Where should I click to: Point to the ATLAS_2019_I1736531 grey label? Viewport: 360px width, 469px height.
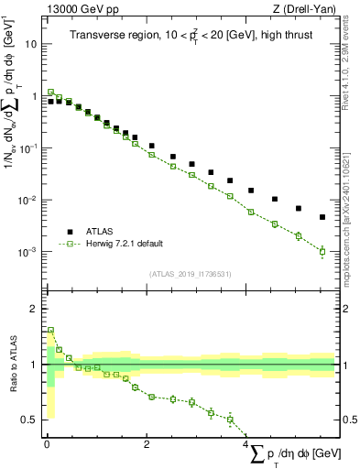click(190, 274)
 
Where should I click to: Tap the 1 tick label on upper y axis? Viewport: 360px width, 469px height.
click(35, 95)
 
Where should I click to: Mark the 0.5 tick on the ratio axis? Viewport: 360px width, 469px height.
click(30, 420)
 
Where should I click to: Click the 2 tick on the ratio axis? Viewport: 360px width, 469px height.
click(35, 309)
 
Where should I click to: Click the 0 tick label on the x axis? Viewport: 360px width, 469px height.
click(47, 444)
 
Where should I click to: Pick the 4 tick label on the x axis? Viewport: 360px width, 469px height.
click(247, 444)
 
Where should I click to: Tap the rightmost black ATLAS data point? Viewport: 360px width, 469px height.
click(322, 217)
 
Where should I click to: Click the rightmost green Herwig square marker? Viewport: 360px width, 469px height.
click(322, 251)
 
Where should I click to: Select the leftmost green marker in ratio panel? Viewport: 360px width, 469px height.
click(50, 331)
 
